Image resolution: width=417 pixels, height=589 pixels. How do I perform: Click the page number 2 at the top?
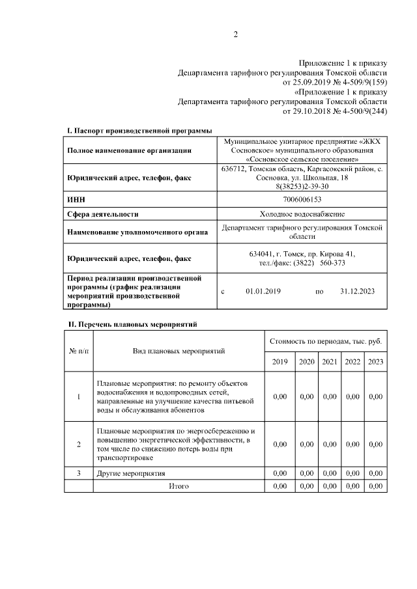(235, 34)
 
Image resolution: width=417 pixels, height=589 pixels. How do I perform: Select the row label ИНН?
(76, 199)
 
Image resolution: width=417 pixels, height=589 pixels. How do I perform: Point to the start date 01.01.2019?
(263, 292)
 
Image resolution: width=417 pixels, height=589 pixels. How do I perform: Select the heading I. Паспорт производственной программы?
(139, 131)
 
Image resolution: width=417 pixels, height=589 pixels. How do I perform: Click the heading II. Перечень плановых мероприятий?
(132, 323)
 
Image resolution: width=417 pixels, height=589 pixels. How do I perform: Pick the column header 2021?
(330, 361)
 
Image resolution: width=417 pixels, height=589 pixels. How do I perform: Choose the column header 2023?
(375, 361)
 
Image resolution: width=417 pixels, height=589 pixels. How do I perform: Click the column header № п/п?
(79, 351)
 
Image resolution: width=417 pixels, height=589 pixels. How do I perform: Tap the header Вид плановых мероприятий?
(179, 351)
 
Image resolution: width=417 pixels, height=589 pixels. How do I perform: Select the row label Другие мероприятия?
(130, 473)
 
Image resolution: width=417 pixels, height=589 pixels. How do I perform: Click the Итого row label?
(179, 486)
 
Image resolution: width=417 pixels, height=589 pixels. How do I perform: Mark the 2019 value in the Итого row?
(280, 486)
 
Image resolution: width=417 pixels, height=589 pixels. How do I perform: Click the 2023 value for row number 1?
(375, 396)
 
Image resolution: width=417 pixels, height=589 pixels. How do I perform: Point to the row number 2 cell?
(79, 445)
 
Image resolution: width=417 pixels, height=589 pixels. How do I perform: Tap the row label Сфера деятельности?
(103, 213)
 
